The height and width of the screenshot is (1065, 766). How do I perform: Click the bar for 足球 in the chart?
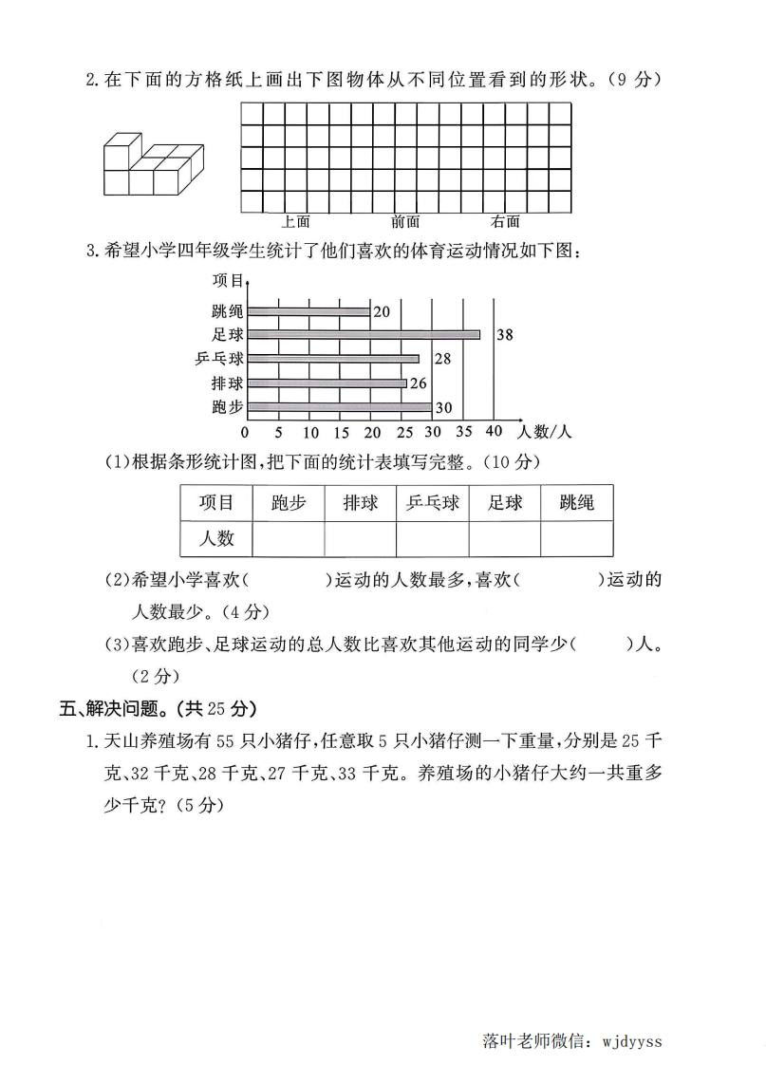pyautogui.click(x=363, y=334)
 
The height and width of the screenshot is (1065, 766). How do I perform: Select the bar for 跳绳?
pyautogui.click(x=308, y=310)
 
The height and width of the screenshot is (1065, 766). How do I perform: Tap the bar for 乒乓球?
pyautogui.click(x=332, y=359)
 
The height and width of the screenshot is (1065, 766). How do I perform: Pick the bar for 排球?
pyautogui.click(x=326, y=383)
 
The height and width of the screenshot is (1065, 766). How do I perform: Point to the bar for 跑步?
pyautogui.click(x=338, y=407)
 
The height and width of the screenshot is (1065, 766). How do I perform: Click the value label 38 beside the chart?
pyautogui.click(x=505, y=334)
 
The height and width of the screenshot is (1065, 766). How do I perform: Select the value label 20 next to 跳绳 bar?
pyautogui.click(x=382, y=310)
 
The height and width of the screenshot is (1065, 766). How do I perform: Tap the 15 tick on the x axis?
pyautogui.click(x=340, y=432)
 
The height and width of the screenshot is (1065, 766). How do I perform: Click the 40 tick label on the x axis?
pyautogui.click(x=493, y=432)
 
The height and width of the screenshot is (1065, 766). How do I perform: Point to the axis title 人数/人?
pyautogui.click(x=545, y=432)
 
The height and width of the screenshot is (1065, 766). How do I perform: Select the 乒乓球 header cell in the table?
pyautogui.click(x=432, y=502)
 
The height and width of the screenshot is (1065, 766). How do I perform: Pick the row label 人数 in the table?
pyautogui.click(x=215, y=538)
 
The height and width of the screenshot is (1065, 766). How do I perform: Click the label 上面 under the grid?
pyautogui.click(x=296, y=222)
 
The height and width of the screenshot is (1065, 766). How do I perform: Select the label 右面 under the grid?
pyautogui.click(x=505, y=222)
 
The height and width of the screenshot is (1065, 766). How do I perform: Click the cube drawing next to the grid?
pyautogui.click(x=153, y=163)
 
